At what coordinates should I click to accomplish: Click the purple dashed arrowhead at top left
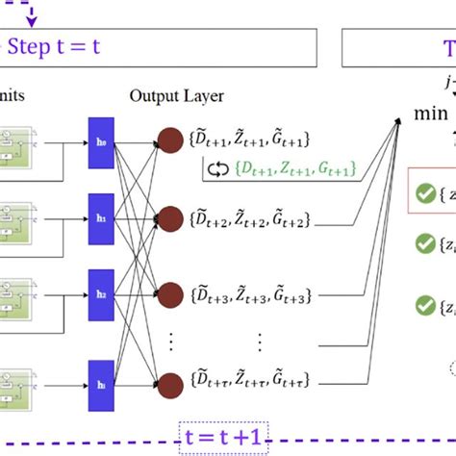tap(32, 20)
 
